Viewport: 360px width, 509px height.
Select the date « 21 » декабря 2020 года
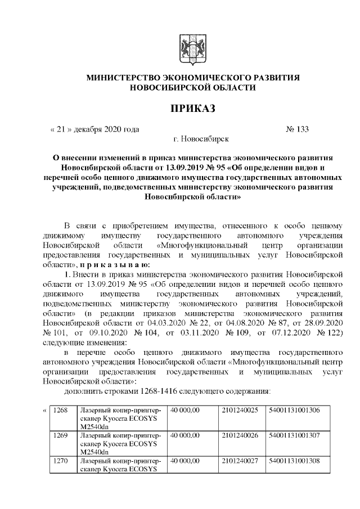(x=95, y=129)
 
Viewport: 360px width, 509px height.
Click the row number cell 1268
(x=60, y=411)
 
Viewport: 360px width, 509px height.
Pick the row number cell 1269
(x=60, y=435)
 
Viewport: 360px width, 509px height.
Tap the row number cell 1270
(x=60, y=460)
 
